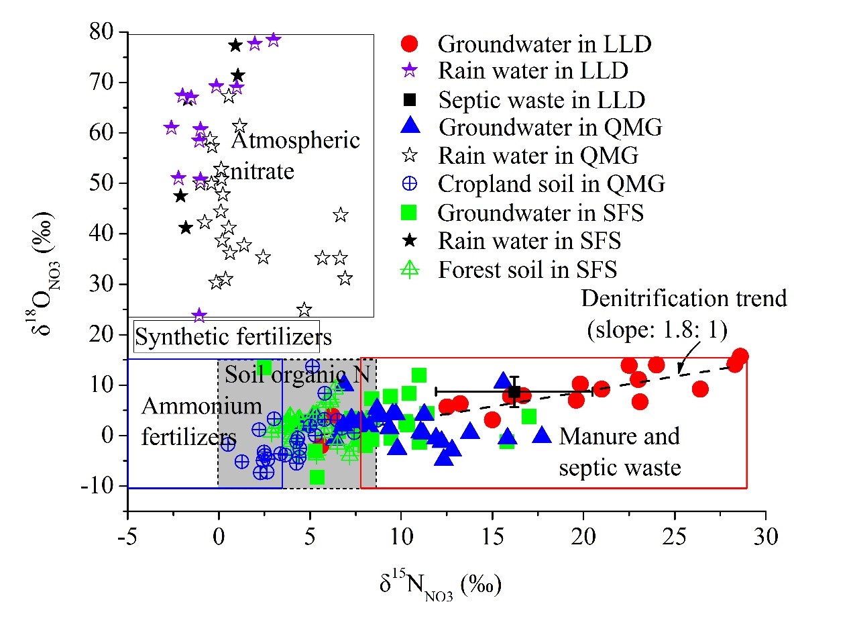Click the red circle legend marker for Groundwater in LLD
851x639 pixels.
(x=410, y=44)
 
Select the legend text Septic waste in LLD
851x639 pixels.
(x=541, y=101)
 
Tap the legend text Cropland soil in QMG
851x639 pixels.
(x=551, y=184)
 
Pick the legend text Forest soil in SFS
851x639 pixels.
(x=527, y=270)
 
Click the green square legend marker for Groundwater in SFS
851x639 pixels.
(x=410, y=213)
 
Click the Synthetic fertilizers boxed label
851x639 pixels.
(x=233, y=336)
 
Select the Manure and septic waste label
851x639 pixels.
(x=620, y=451)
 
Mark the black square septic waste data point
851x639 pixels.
(x=514, y=392)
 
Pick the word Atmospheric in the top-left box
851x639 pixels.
(x=296, y=141)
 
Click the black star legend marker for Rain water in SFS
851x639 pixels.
(x=410, y=241)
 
